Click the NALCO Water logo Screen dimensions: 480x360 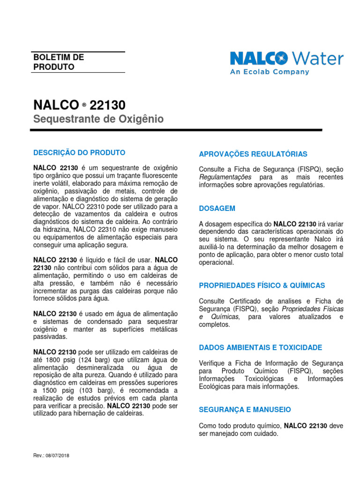[286, 59]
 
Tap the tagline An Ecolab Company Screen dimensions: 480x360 [269, 72]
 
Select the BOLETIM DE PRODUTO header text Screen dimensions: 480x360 [59, 62]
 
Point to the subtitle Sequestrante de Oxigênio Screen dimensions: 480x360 [98, 120]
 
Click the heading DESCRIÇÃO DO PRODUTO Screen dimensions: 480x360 [79, 153]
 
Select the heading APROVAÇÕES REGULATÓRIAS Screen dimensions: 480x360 [253, 154]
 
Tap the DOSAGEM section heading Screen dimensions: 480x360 [217, 208]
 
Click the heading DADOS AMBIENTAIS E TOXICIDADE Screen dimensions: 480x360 [260, 347]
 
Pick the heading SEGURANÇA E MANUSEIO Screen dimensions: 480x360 [245, 410]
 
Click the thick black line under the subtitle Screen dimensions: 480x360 [178, 129]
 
